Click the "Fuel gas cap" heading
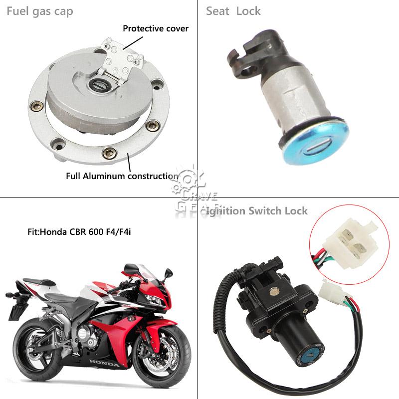click(40, 11)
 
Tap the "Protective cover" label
click(156, 28)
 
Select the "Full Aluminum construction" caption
click(122, 176)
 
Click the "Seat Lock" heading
click(233, 11)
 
